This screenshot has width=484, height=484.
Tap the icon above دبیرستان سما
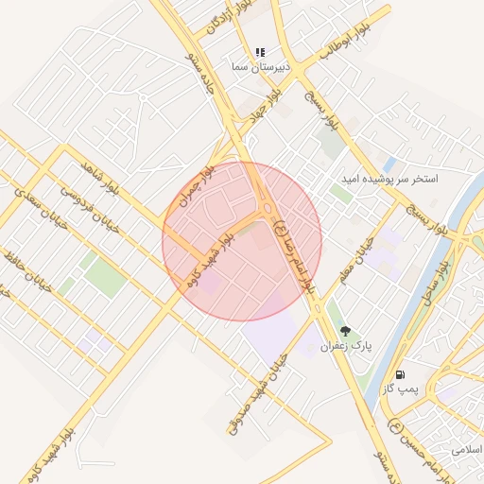tap(260, 52)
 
